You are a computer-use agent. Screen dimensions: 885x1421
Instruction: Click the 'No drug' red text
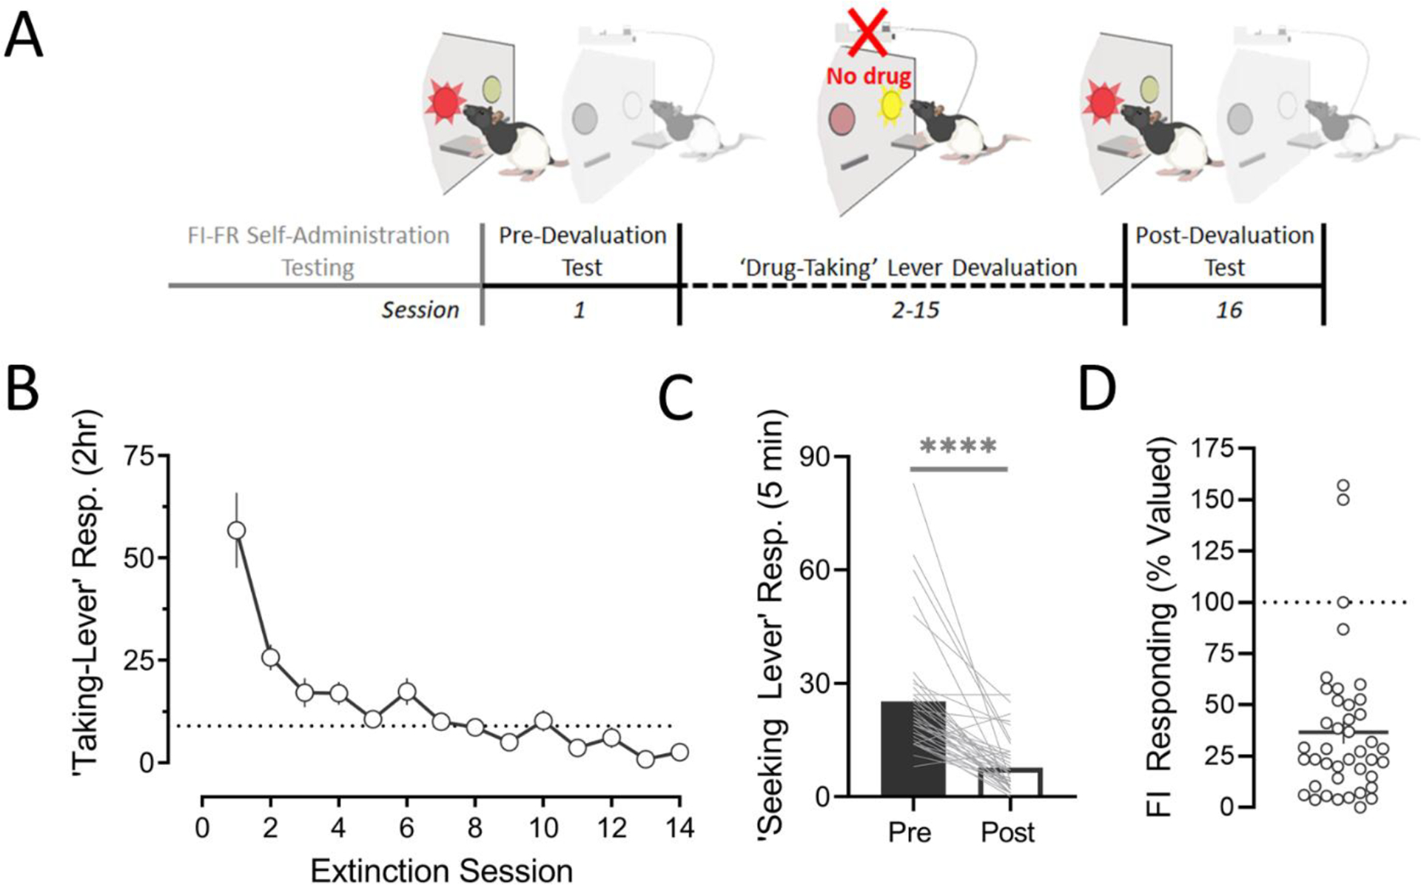[868, 76]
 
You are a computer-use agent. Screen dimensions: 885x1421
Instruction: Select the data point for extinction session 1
[236, 530]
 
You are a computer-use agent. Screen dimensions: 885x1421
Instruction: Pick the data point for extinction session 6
[406, 692]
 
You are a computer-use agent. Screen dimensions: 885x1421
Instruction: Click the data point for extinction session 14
[679, 752]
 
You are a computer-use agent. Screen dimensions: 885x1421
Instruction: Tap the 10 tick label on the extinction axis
[542, 828]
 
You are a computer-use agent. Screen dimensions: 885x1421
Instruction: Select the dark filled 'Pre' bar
[913, 748]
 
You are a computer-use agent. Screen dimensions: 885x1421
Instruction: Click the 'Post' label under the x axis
[1008, 832]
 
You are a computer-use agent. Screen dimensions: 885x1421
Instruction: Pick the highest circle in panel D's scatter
[1343, 487]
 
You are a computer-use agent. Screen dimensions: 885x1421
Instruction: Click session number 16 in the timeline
[1229, 310]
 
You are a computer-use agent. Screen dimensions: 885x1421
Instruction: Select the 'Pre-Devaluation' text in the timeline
[582, 236]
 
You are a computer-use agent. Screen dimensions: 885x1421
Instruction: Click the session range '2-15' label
[915, 310]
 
